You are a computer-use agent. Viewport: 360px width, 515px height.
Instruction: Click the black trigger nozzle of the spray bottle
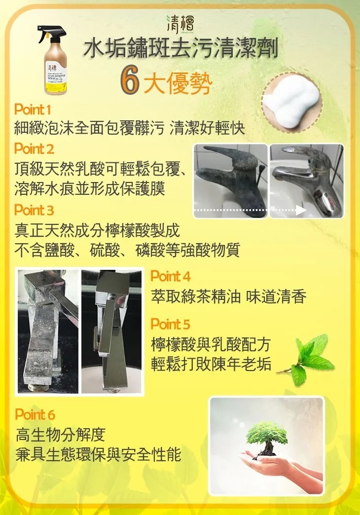coord(51,34)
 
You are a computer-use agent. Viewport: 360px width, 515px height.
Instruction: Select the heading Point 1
coord(33,109)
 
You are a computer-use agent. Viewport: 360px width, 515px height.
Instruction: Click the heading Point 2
coord(34,148)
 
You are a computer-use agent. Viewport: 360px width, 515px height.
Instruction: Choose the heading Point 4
coord(170,276)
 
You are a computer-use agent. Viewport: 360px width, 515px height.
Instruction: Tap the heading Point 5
coord(170,324)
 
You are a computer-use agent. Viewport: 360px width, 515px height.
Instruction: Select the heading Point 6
coord(35,414)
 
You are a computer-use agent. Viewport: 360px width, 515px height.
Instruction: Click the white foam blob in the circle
coord(291,105)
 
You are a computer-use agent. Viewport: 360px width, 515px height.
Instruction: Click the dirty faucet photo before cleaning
coord(230,180)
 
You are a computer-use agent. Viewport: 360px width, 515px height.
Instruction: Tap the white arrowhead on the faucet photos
coord(301,210)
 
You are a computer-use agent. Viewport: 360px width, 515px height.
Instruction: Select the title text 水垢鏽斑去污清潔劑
coord(181,50)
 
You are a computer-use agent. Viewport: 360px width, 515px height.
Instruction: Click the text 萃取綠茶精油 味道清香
coord(229,296)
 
